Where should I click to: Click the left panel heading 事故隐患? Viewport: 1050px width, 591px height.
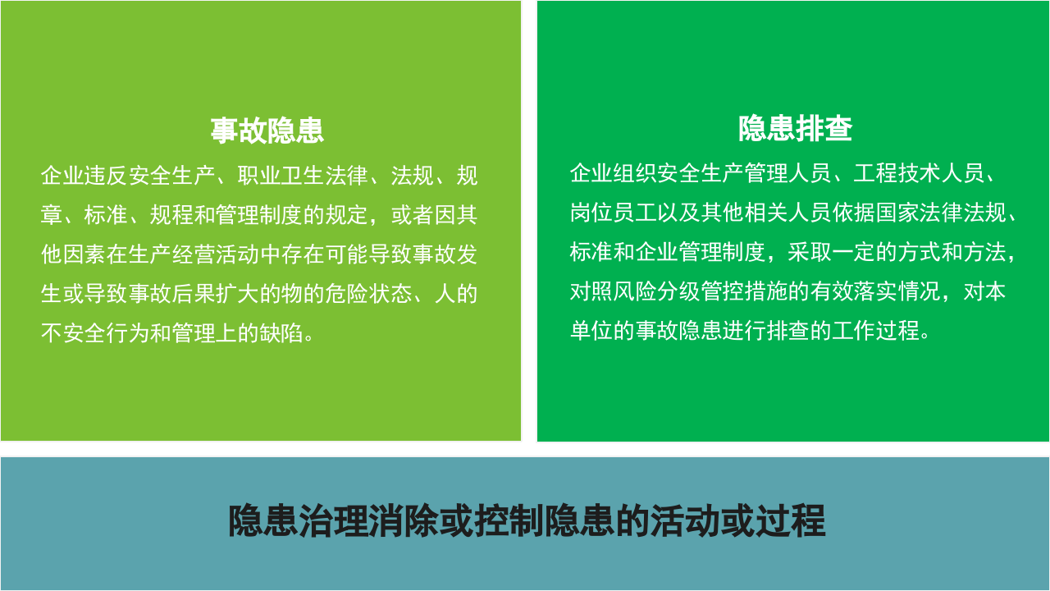click(x=267, y=131)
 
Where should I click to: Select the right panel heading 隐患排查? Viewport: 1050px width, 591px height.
click(x=795, y=129)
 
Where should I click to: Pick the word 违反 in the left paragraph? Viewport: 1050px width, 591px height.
click(x=106, y=176)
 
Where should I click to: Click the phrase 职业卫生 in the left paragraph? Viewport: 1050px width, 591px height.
click(x=281, y=176)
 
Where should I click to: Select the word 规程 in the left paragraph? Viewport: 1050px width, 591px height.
click(x=171, y=215)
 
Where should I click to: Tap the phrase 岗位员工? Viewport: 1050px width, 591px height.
click(x=613, y=213)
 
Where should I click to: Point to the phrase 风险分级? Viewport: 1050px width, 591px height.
click(x=657, y=291)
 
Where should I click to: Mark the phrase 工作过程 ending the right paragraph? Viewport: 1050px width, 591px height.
click(x=875, y=331)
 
